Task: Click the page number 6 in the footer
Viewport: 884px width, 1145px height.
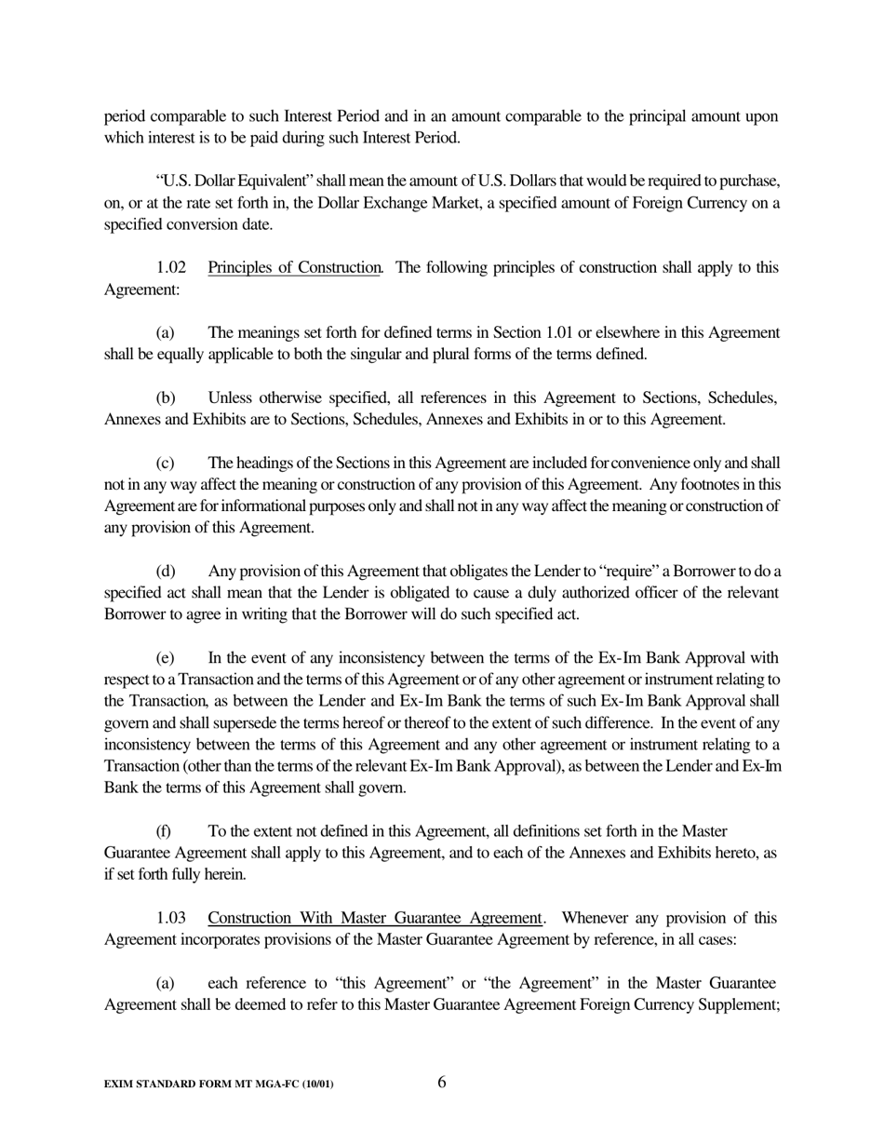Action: pyautogui.click(x=441, y=1082)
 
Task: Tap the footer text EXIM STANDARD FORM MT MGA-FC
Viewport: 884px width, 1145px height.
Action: pyautogui.click(x=219, y=1084)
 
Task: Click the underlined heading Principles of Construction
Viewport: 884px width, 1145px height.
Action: pyautogui.click(x=294, y=268)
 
